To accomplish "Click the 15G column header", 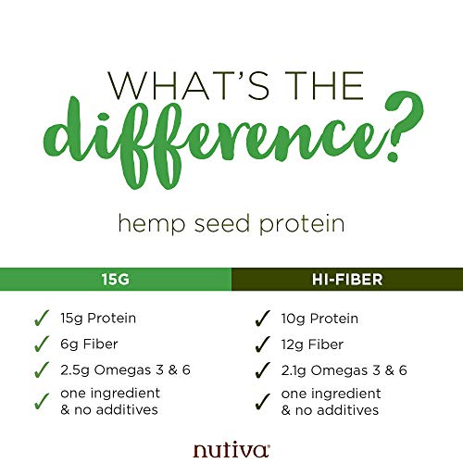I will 115,277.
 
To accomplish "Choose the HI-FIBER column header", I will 346,277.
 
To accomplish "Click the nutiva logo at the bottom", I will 231,449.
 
